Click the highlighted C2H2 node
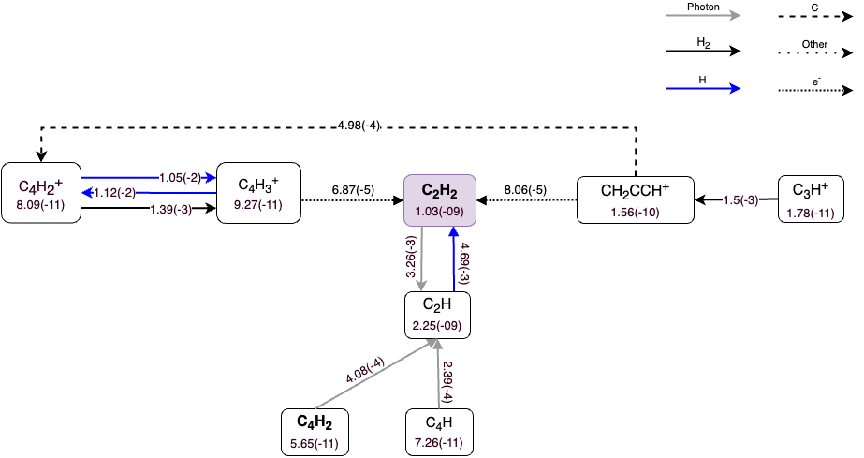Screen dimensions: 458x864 (441, 199)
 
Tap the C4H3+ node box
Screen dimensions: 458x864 (258, 194)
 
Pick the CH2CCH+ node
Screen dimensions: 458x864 (636, 199)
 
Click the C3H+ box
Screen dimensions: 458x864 (813, 199)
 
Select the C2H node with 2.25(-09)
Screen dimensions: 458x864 (436, 315)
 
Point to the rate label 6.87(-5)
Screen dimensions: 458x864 (353, 190)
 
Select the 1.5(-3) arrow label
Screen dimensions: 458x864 (740, 199)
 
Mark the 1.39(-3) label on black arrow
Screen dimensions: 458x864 (170, 209)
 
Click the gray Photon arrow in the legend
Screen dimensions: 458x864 (702, 15)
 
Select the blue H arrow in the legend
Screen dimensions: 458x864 (702, 89)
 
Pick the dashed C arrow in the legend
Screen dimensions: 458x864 (814, 15)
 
